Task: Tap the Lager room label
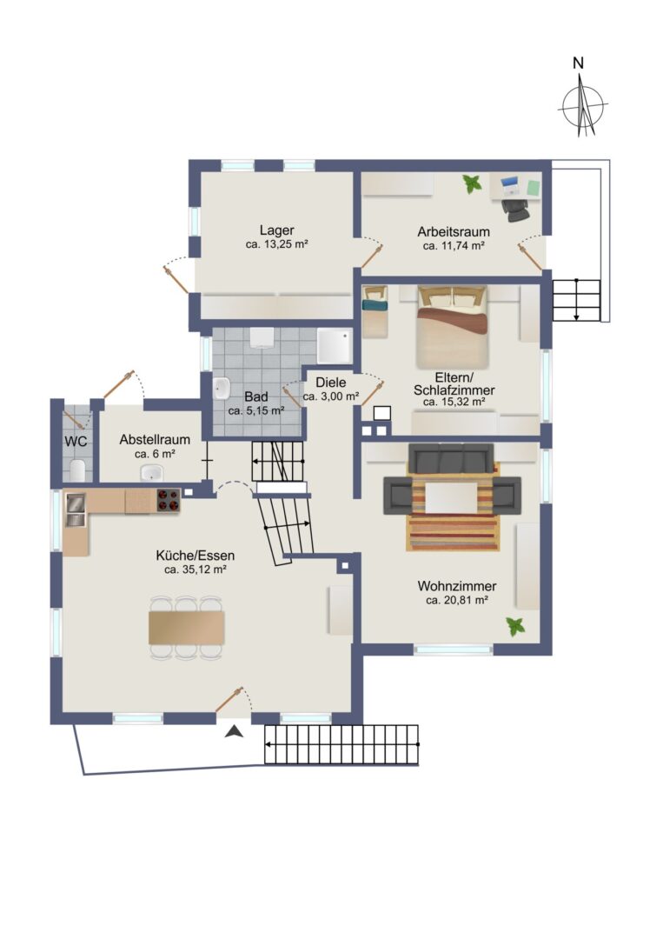pyautogui.click(x=276, y=230)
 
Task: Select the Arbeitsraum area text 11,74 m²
pyautogui.click(x=454, y=245)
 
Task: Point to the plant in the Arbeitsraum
pyautogui.click(x=472, y=183)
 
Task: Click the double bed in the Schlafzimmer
pyautogui.click(x=453, y=326)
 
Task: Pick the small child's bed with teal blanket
pyautogui.click(x=375, y=311)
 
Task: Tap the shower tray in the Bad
pyautogui.click(x=335, y=345)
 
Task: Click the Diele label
pyautogui.click(x=330, y=382)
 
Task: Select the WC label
pyautogui.click(x=76, y=442)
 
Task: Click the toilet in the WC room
pyautogui.click(x=78, y=470)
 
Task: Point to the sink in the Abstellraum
pyautogui.click(x=151, y=473)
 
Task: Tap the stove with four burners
pyautogui.click(x=169, y=501)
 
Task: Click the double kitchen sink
pyautogui.click(x=76, y=509)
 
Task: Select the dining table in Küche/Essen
pyautogui.click(x=187, y=628)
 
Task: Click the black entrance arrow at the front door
pyautogui.click(x=234, y=731)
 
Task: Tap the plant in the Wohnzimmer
pyautogui.click(x=515, y=627)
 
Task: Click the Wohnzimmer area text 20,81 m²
pyautogui.click(x=456, y=600)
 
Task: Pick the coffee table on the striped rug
pyautogui.click(x=452, y=497)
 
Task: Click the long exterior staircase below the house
pyautogui.click(x=341, y=744)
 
